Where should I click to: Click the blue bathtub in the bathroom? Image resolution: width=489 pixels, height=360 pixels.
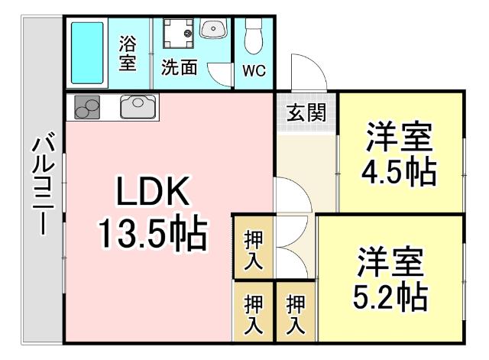click(x=87, y=54)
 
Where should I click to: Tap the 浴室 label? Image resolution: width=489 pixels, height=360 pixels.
click(x=128, y=54)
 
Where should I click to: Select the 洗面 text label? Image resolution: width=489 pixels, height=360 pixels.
click(x=179, y=67)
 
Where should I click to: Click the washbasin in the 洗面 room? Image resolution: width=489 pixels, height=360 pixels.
click(x=212, y=29)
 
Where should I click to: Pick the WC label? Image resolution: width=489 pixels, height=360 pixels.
click(x=254, y=70)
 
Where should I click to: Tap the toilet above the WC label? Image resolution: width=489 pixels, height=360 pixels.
click(x=254, y=34)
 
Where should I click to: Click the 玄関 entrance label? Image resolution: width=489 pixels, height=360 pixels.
click(x=306, y=112)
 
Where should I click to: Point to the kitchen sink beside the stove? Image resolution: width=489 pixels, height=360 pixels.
click(x=138, y=105)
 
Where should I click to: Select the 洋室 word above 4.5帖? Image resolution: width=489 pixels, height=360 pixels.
click(x=400, y=138)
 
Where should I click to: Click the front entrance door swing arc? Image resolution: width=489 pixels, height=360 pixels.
click(x=309, y=71)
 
